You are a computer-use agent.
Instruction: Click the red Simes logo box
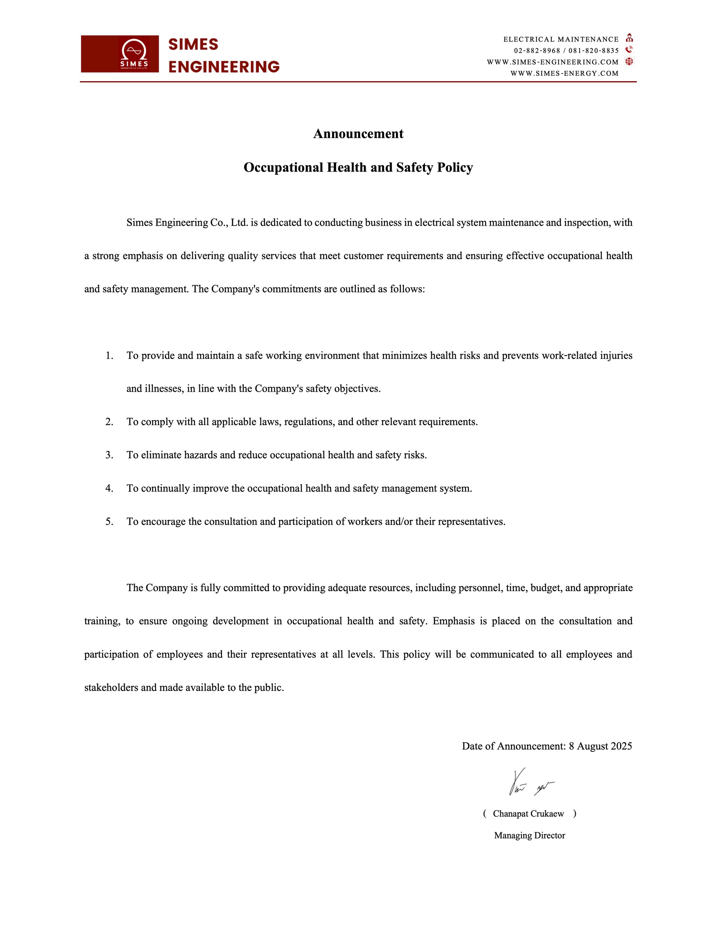(x=120, y=54)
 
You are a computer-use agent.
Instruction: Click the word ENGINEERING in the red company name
(x=224, y=67)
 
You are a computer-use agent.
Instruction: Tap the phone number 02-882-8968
(x=537, y=51)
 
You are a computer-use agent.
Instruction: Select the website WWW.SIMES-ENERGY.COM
(x=564, y=73)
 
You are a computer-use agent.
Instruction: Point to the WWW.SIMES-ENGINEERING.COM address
(x=552, y=62)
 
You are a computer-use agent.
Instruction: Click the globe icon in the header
(x=629, y=62)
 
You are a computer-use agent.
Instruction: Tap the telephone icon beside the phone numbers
(x=629, y=50)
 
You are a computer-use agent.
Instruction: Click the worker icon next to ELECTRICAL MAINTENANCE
(x=629, y=38)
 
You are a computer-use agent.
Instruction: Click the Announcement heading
(x=358, y=134)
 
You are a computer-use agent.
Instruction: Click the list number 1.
(x=109, y=356)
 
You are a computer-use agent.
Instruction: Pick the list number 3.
(x=109, y=455)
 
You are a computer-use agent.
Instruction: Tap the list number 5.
(x=109, y=522)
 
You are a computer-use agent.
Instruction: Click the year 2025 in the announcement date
(x=621, y=746)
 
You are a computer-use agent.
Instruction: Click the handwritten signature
(x=531, y=783)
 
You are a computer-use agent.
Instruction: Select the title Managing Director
(x=529, y=835)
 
